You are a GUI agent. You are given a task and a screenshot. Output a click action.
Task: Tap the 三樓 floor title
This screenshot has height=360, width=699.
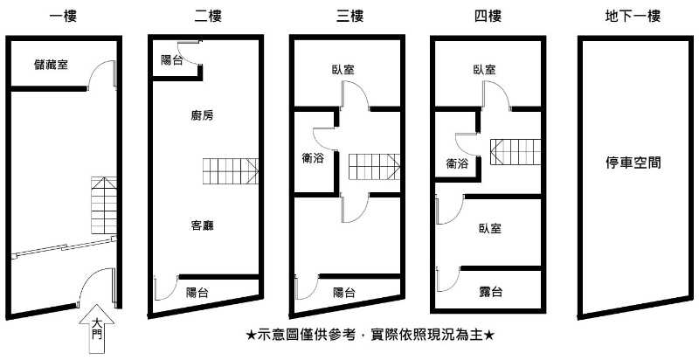click(x=349, y=15)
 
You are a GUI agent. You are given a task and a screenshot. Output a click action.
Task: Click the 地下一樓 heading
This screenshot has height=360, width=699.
click(x=632, y=15)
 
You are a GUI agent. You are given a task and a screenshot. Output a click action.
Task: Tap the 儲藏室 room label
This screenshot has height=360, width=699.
click(x=52, y=63)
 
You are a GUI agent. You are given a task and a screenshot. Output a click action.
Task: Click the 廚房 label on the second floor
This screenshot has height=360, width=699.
click(x=202, y=114)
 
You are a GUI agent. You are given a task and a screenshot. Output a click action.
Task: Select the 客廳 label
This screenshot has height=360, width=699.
click(x=202, y=225)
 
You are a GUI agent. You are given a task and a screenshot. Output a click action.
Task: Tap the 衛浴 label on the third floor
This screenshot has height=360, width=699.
click(x=312, y=158)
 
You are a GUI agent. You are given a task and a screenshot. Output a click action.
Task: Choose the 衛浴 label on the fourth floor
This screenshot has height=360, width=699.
click(x=456, y=163)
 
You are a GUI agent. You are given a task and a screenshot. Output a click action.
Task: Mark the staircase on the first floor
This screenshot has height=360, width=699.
click(x=104, y=205)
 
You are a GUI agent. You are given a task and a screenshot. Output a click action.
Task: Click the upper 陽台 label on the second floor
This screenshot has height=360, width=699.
click(x=172, y=60)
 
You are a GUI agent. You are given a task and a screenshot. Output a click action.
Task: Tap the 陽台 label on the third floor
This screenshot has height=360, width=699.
click(x=344, y=293)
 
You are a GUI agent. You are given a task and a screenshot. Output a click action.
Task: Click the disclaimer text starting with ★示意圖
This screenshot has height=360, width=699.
click(x=370, y=335)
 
